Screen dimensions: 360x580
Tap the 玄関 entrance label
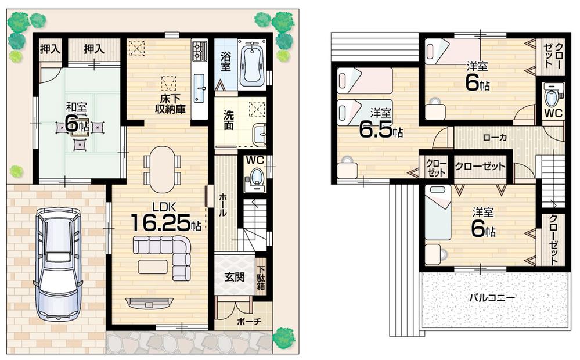click(234, 276)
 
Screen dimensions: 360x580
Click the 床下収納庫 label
click(170, 104)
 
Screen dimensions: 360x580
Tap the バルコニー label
click(492, 297)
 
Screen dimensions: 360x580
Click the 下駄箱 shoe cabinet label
click(261, 277)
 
